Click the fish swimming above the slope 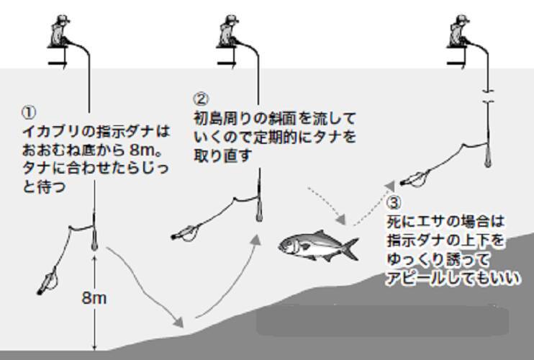pos(318,246)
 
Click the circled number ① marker pos(29,112)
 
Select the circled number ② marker pos(202,99)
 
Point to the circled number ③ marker pos(394,203)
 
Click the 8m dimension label pos(94,298)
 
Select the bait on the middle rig pos(185,233)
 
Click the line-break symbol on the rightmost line pos(488,96)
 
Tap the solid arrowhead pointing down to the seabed pos(178,322)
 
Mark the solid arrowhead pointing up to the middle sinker pos(255,240)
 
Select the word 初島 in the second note pos(211,119)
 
